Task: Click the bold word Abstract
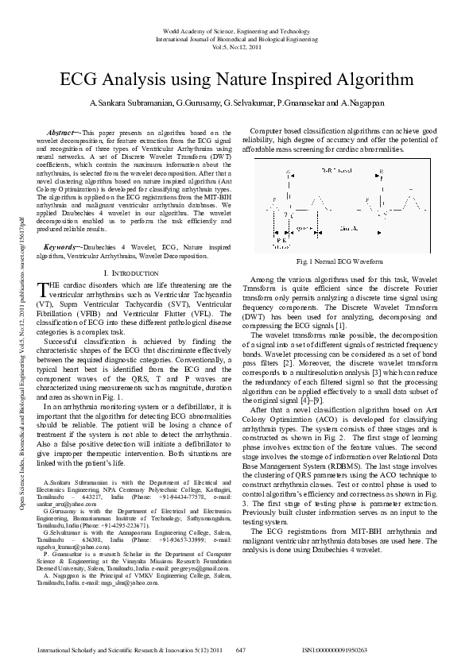click(x=61, y=133)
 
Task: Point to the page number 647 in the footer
click(x=240, y=650)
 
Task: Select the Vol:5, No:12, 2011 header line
click(x=237, y=47)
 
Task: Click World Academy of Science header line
click(x=237, y=29)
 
